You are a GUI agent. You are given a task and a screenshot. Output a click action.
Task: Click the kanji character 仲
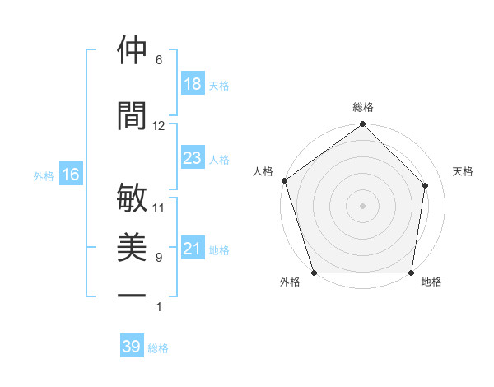[132, 50]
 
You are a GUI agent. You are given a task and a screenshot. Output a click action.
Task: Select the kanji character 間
[132, 116]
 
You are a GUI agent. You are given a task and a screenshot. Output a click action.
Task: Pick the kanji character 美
[132, 248]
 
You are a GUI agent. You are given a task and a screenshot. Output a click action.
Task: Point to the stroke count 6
[158, 60]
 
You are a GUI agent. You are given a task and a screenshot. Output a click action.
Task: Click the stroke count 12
[158, 126]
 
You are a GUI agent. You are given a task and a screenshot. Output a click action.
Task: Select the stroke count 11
[158, 208]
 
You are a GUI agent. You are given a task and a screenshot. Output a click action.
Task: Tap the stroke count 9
[158, 258]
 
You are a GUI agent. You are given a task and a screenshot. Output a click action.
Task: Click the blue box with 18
[192, 84]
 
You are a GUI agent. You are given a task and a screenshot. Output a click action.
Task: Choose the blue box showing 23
[192, 158]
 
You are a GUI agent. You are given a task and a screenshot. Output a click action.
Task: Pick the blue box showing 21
[192, 249]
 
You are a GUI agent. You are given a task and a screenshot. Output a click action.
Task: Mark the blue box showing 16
[70, 175]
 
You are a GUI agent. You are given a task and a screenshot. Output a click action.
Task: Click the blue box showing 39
[131, 347]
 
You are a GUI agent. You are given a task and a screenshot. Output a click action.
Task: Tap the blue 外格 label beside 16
[44, 175]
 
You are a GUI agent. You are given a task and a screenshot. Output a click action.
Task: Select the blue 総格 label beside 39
[158, 348]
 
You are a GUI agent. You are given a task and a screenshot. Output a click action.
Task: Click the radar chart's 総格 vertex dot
[362, 125]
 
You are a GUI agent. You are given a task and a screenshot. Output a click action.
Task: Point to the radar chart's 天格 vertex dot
[426, 185]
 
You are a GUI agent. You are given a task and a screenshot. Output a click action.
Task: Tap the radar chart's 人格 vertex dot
[284, 180]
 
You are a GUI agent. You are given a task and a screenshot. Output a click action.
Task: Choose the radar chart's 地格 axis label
[431, 282]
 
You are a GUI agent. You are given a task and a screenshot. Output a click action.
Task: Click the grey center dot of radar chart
[362, 206]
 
